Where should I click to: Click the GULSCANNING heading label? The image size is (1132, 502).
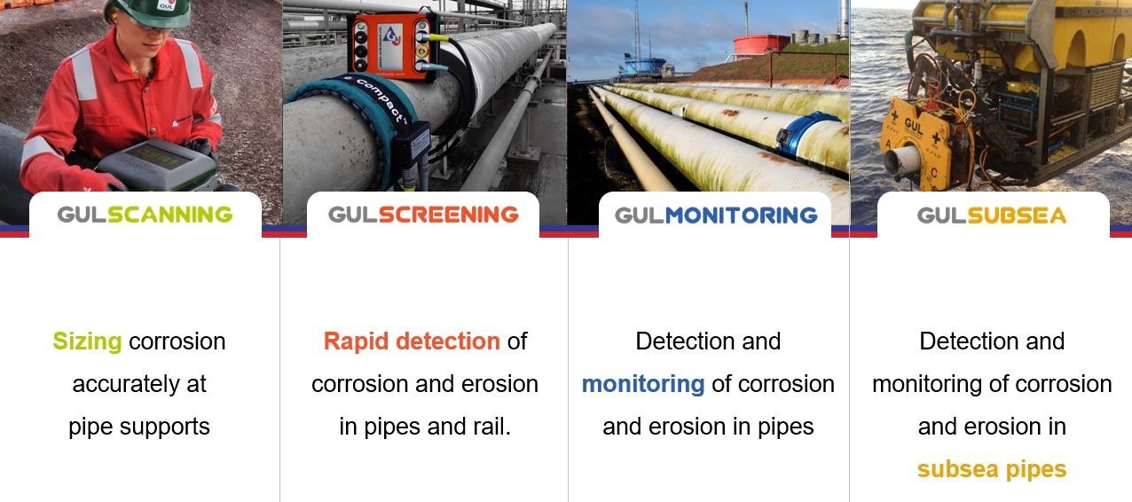tap(145, 215)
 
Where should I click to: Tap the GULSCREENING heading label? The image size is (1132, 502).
tap(423, 215)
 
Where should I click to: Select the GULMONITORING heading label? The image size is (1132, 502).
tap(716, 216)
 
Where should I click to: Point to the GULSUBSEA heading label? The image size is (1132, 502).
tap(992, 216)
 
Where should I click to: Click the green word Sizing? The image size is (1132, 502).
tap(88, 341)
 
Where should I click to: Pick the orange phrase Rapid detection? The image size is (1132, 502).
tap(412, 341)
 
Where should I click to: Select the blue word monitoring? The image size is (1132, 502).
tap(643, 384)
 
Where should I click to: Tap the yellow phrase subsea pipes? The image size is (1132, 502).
tap(992, 470)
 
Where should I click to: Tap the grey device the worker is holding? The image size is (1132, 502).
tap(158, 164)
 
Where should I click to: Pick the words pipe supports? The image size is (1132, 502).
tap(139, 427)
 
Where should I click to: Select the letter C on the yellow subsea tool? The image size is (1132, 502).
tap(934, 173)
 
